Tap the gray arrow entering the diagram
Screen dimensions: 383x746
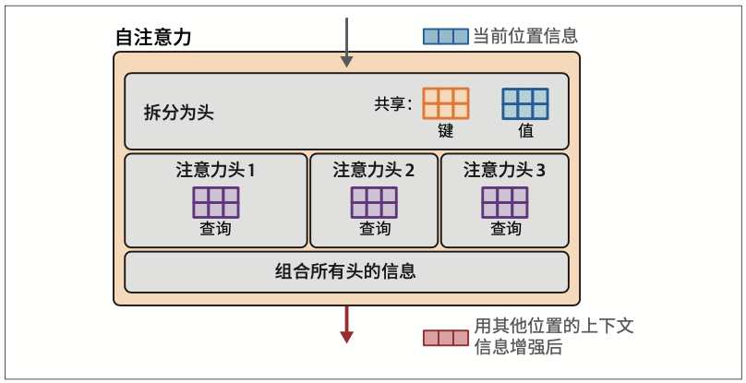[347, 42]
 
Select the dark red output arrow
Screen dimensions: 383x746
[347, 322]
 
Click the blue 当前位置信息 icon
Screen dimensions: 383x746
[446, 37]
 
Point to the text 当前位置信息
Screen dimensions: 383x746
[525, 37]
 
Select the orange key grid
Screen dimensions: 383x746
[446, 103]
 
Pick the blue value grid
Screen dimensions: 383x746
[525, 103]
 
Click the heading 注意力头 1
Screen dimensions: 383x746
[215, 170]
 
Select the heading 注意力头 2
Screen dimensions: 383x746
[373, 170]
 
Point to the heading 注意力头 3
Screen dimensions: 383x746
[504, 170]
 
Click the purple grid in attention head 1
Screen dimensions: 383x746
[216, 201]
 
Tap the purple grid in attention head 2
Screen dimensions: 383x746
[374, 201]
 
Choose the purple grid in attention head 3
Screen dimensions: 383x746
[505, 201]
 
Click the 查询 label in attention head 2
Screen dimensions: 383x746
[374, 229]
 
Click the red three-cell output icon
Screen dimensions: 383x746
[446, 337]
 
